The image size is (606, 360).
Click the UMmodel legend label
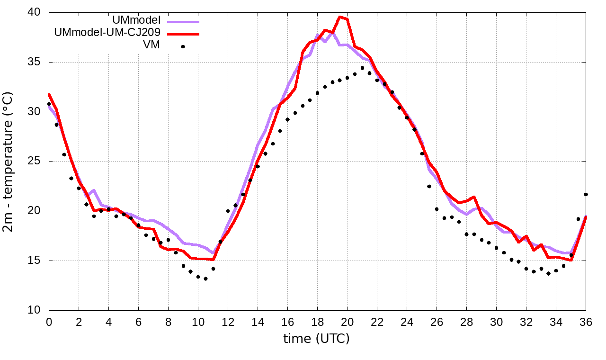point(137,20)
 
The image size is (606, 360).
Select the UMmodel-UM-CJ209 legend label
point(108,33)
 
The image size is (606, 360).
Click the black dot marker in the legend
point(183,46)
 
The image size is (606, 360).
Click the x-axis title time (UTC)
point(316,339)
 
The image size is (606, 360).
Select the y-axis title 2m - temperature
point(9,162)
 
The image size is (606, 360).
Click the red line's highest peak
point(339,17)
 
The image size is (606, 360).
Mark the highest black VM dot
point(362,68)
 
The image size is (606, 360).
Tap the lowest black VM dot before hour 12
point(205,279)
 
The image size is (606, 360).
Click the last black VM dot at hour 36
point(586,194)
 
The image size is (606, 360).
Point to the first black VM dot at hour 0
point(49,104)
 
